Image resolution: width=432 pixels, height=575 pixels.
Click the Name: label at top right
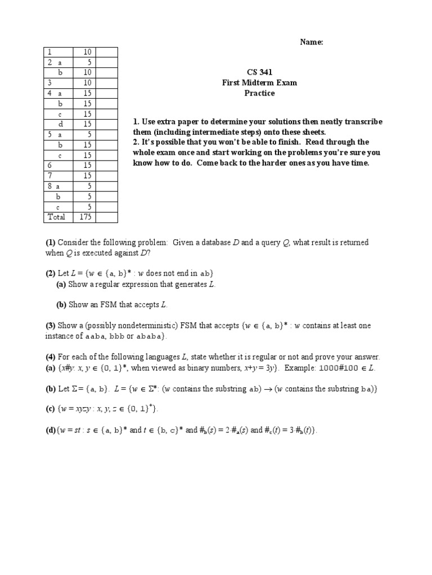tap(312, 42)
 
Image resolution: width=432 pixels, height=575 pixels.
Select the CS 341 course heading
tap(259, 72)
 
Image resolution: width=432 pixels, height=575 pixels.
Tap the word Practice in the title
tap(259, 93)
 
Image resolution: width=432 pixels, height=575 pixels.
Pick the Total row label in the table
tap(56, 217)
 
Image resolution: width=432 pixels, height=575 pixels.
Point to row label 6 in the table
tap(49, 166)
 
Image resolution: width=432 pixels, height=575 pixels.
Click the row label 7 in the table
tap(49, 176)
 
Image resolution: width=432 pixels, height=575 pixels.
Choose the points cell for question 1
tap(87, 52)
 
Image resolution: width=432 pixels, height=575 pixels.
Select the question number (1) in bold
tap(51, 243)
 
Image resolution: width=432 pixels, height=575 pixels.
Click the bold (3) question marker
tap(51, 326)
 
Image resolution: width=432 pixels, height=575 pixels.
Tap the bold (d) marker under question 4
tap(50, 430)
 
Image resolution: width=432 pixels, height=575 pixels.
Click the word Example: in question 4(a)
tap(300, 368)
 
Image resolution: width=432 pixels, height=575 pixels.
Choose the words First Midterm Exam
tap(259, 83)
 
